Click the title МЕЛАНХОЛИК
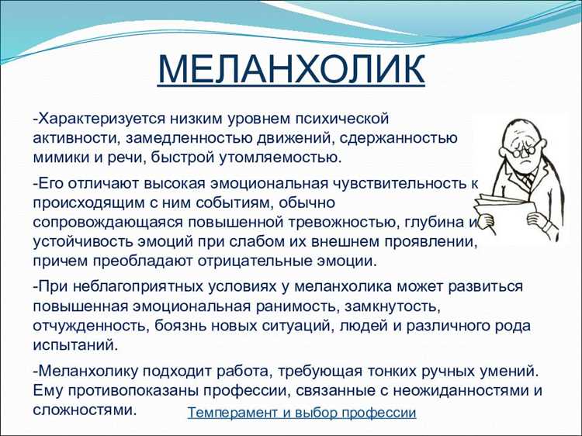pyautogui.click(x=291, y=69)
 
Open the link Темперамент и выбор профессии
pyautogui.click(x=302, y=413)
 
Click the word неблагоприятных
pyautogui.click(x=134, y=286)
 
